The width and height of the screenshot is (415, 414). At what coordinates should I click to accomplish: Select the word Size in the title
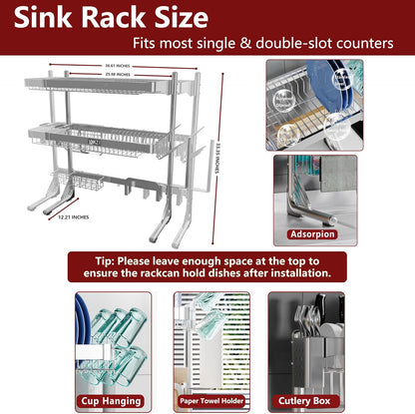point(176,19)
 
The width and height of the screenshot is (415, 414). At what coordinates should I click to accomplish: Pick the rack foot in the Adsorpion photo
point(299,200)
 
